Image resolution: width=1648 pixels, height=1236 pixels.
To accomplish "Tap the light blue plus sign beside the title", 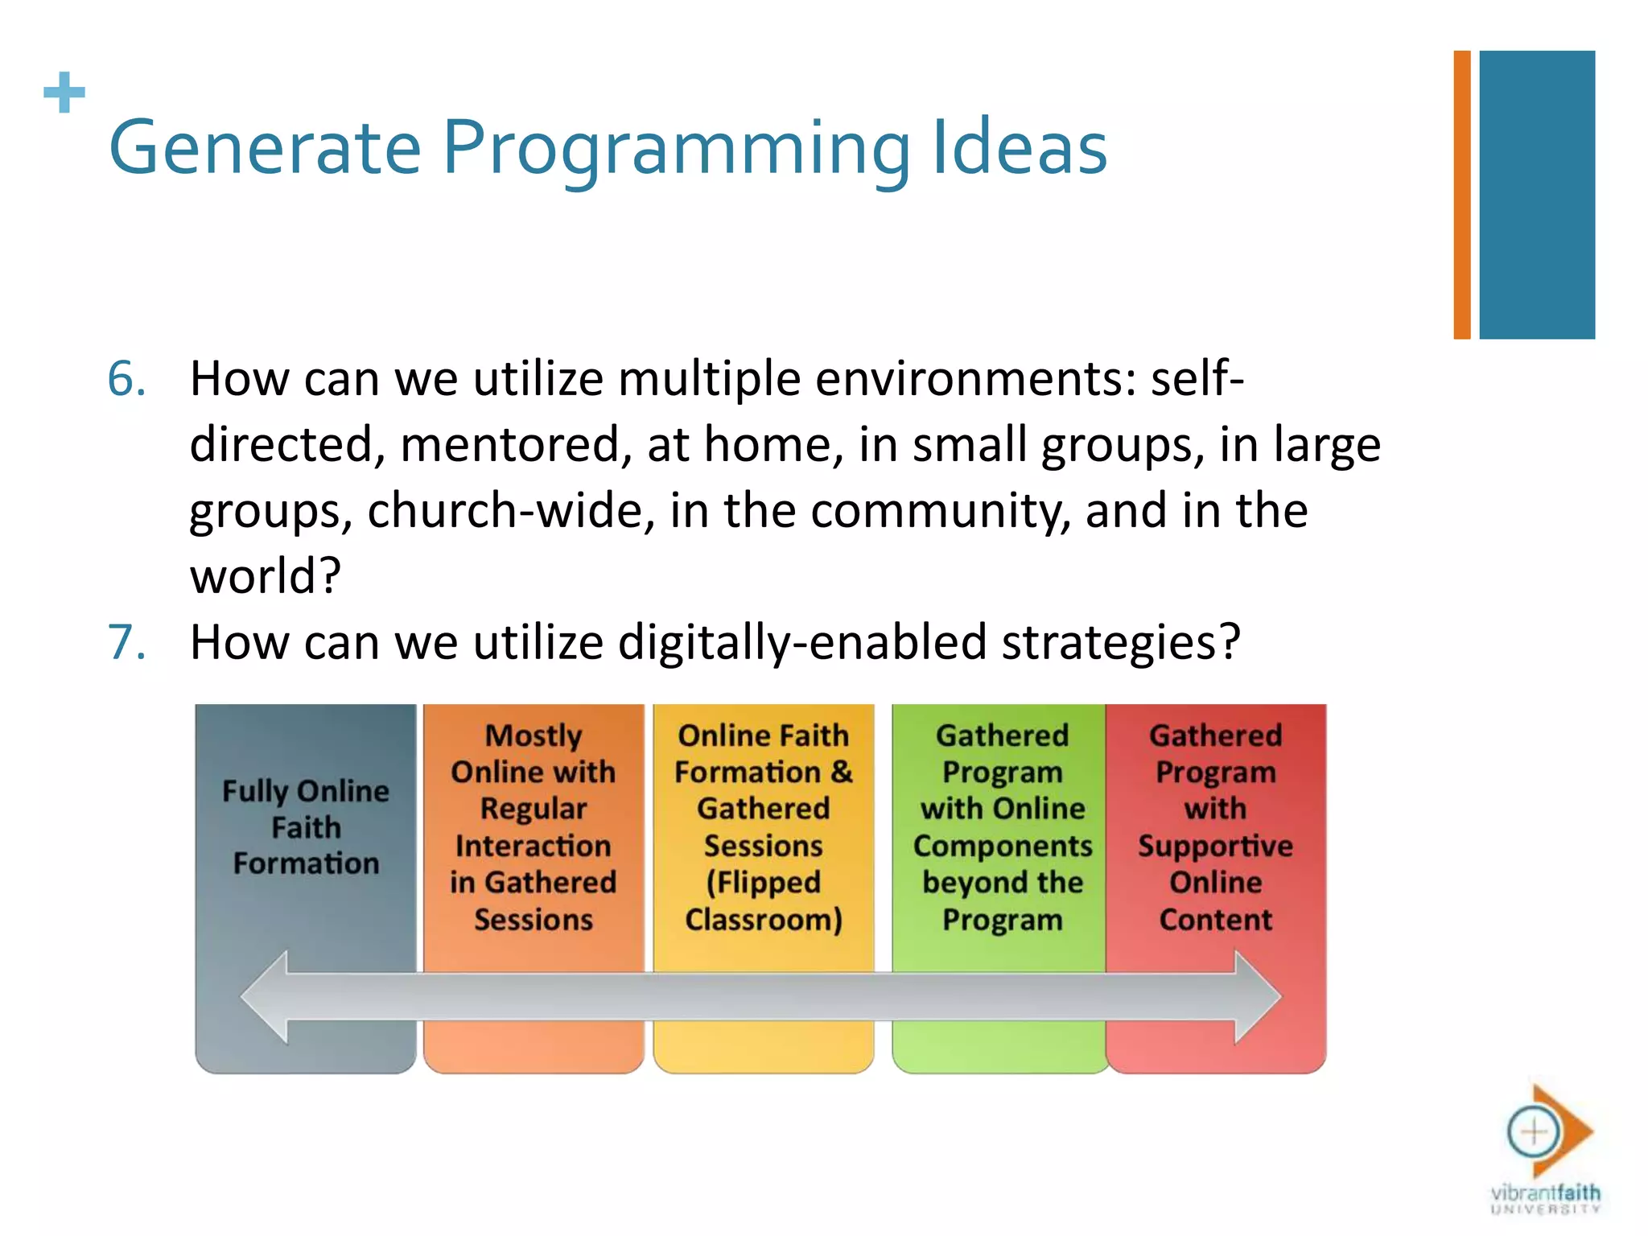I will coord(64,93).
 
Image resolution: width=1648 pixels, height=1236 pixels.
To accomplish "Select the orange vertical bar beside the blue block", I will coord(1461,195).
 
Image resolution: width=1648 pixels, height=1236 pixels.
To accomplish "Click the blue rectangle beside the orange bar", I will coord(1536,195).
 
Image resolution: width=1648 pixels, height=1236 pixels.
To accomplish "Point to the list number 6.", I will coord(126,378).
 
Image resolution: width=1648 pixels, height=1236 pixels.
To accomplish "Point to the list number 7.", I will coord(126,642).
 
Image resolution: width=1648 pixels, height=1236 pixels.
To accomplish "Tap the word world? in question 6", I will coord(266,576).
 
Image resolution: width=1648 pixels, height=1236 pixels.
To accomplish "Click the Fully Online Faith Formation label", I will coord(306,827).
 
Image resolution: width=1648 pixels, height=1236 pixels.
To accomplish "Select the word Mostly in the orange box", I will coord(533,735).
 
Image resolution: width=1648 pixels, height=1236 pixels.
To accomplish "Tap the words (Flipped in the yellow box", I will coord(763,883).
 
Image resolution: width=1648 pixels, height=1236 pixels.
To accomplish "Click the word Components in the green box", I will coord(1002,846).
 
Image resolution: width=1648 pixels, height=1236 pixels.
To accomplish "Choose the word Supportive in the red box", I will coord(1215,846).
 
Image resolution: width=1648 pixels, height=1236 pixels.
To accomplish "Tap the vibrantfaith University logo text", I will coord(1545,1197).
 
